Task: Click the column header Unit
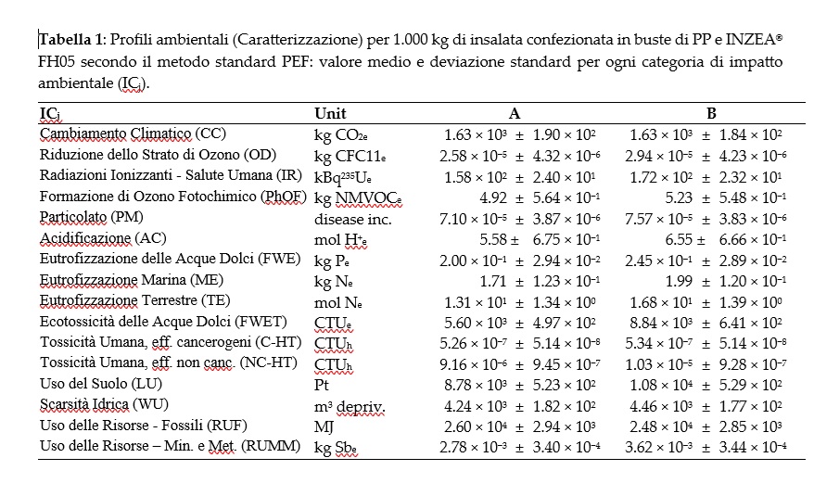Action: (x=330, y=114)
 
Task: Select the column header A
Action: (x=515, y=114)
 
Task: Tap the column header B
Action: (x=712, y=114)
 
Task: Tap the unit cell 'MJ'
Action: (x=324, y=426)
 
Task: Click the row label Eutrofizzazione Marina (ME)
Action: (x=122, y=279)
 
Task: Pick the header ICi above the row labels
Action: (x=50, y=114)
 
